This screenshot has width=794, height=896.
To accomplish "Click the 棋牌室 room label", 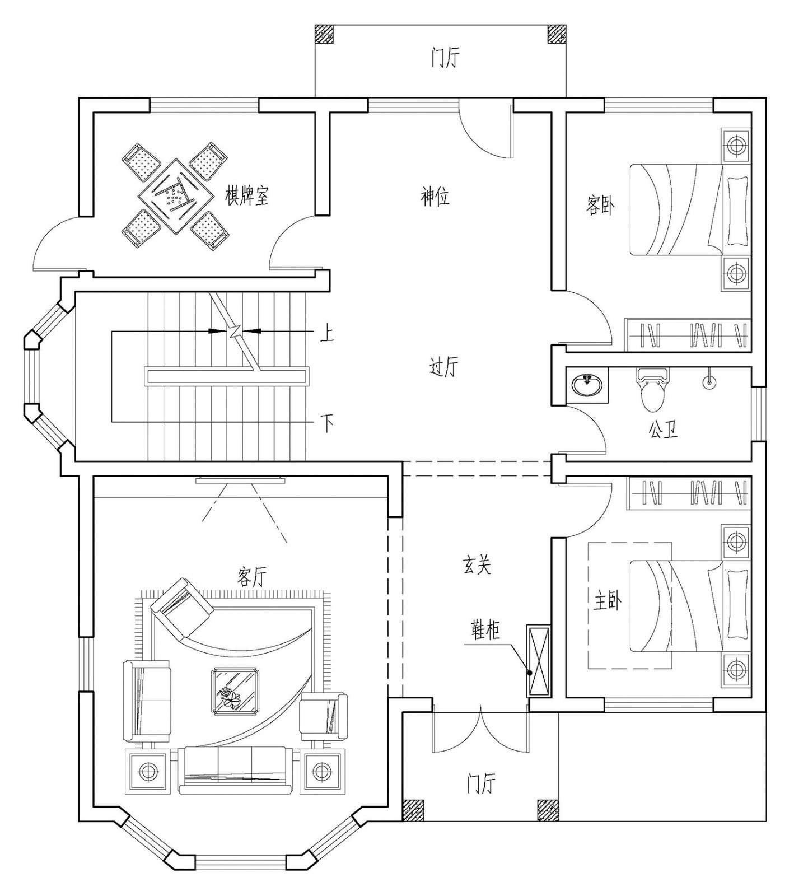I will [x=247, y=195].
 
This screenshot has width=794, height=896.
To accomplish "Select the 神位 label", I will [x=435, y=197].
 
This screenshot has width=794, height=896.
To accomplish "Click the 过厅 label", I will [x=443, y=367].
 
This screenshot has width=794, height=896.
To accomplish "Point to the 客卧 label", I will [x=600, y=206].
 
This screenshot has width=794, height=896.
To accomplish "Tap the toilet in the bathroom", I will [x=652, y=390].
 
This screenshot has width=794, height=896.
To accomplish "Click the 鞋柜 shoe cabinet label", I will [x=484, y=631].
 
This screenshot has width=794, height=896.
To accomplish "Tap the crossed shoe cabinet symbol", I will [x=538, y=661].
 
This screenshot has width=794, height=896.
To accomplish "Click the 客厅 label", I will [x=253, y=576].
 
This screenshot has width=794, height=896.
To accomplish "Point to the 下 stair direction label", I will [x=326, y=422].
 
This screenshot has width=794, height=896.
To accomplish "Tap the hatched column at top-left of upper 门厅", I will [x=324, y=34].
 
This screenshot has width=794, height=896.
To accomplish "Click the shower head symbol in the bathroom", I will [x=708, y=382].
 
